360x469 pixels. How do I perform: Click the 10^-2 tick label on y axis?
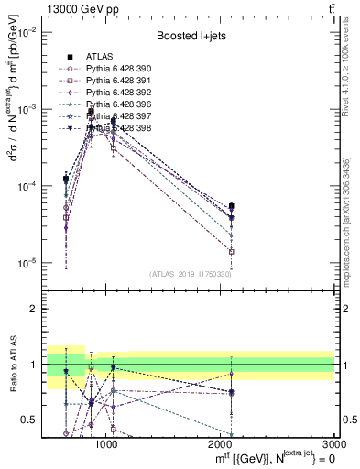(27, 32)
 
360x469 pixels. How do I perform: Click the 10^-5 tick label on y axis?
(27, 264)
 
